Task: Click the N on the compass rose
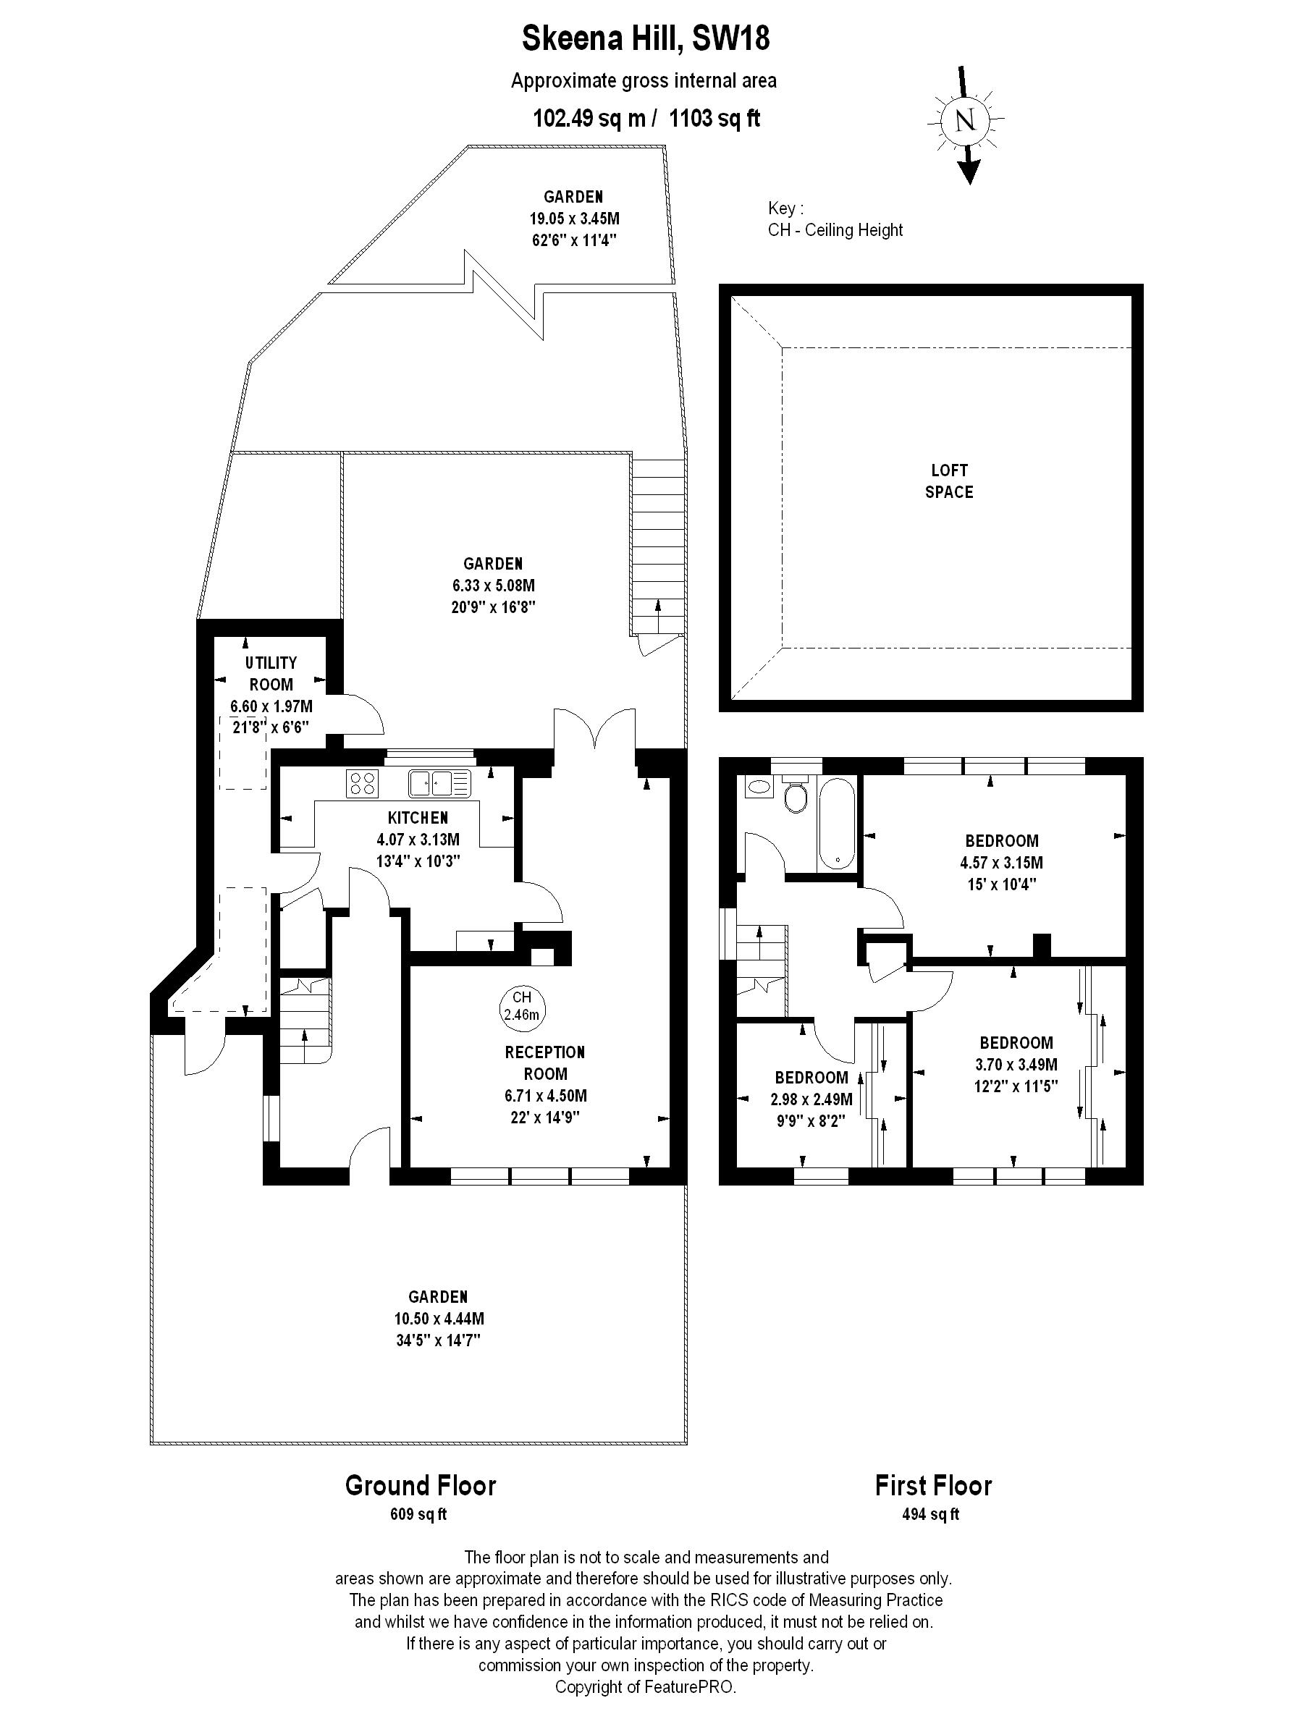click(x=964, y=121)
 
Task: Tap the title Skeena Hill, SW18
click(x=646, y=38)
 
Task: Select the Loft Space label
click(x=949, y=481)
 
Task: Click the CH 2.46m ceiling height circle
click(x=521, y=1005)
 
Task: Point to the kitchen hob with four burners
click(x=363, y=784)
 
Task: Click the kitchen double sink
click(x=439, y=783)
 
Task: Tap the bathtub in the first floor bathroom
click(x=837, y=823)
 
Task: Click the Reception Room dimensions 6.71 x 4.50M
click(x=546, y=1095)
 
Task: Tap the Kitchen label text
click(x=418, y=818)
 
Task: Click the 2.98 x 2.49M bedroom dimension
click(x=811, y=1099)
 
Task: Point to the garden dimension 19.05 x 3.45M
click(x=574, y=218)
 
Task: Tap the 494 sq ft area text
click(x=930, y=1513)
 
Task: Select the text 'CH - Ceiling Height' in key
click(x=835, y=229)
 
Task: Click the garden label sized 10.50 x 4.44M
click(x=439, y=1318)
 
